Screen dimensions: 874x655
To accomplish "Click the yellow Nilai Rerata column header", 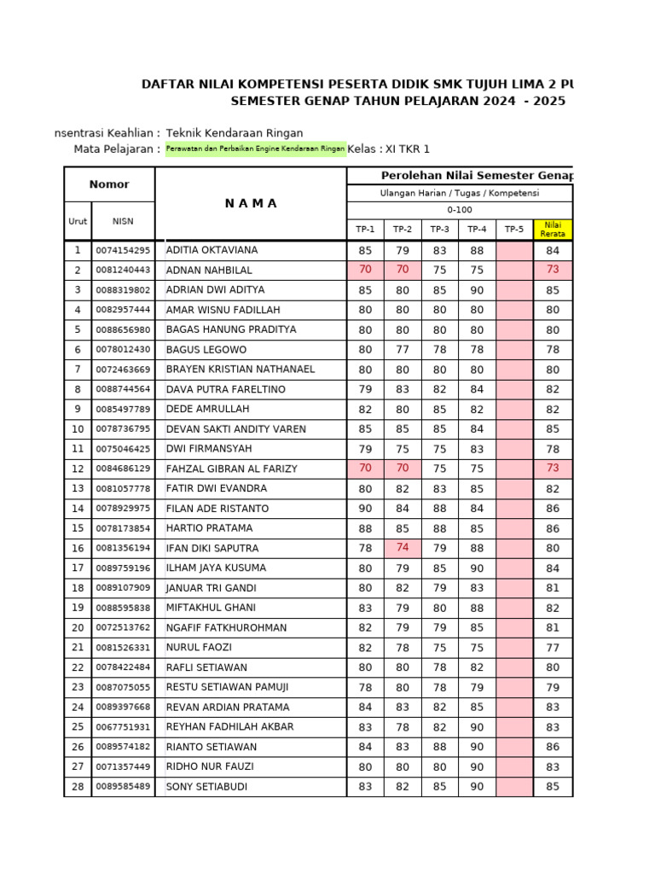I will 553,229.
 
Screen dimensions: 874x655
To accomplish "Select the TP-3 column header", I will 439,229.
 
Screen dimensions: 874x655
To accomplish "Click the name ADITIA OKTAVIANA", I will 212,250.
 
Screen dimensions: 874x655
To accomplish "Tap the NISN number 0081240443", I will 123,271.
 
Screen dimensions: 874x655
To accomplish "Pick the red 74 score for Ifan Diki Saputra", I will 403,548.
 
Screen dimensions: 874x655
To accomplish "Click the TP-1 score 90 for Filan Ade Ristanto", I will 365,509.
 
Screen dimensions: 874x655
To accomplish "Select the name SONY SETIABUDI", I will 206,786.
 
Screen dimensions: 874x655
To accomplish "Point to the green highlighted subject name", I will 256,149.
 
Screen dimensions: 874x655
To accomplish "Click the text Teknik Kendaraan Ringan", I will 235,133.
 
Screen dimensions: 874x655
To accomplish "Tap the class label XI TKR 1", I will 408,149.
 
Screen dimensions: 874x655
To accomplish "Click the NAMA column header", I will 251,203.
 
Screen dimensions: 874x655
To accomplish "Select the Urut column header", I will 78,221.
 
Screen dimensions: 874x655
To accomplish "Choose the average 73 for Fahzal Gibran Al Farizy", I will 553,469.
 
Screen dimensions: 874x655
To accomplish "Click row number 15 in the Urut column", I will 78,528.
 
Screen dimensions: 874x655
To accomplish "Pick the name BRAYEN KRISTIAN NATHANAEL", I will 241,370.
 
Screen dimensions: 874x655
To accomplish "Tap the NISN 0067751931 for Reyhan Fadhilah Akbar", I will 123,727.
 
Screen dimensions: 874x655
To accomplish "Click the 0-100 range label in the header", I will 459,210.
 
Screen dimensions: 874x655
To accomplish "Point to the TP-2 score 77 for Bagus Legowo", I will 403,350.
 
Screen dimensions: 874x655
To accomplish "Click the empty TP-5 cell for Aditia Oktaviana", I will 514,251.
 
